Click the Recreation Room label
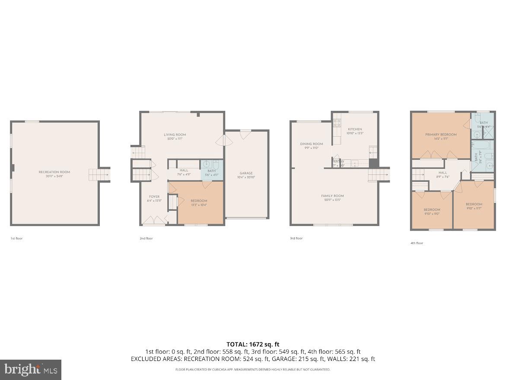pyautogui.click(x=54, y=172)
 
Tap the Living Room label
pyautogui.click(x=175, y=135)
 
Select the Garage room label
pyautogui.click(x=246, y=173)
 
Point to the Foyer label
pyautogui.click(x=154, y=197)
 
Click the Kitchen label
pyautogui.click(x=355, y=129)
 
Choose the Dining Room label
pyautogui.click(x=312, y=144)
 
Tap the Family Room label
pyautogui.click(x=332, y=196)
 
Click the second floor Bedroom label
pyautogui.click(x=199, y=201)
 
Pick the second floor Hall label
pyautogui.click(x=184, y=171)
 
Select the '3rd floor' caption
pyautogui.click(x=296, y=238)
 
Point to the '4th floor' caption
pyautogui.click(x=417, y=243)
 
